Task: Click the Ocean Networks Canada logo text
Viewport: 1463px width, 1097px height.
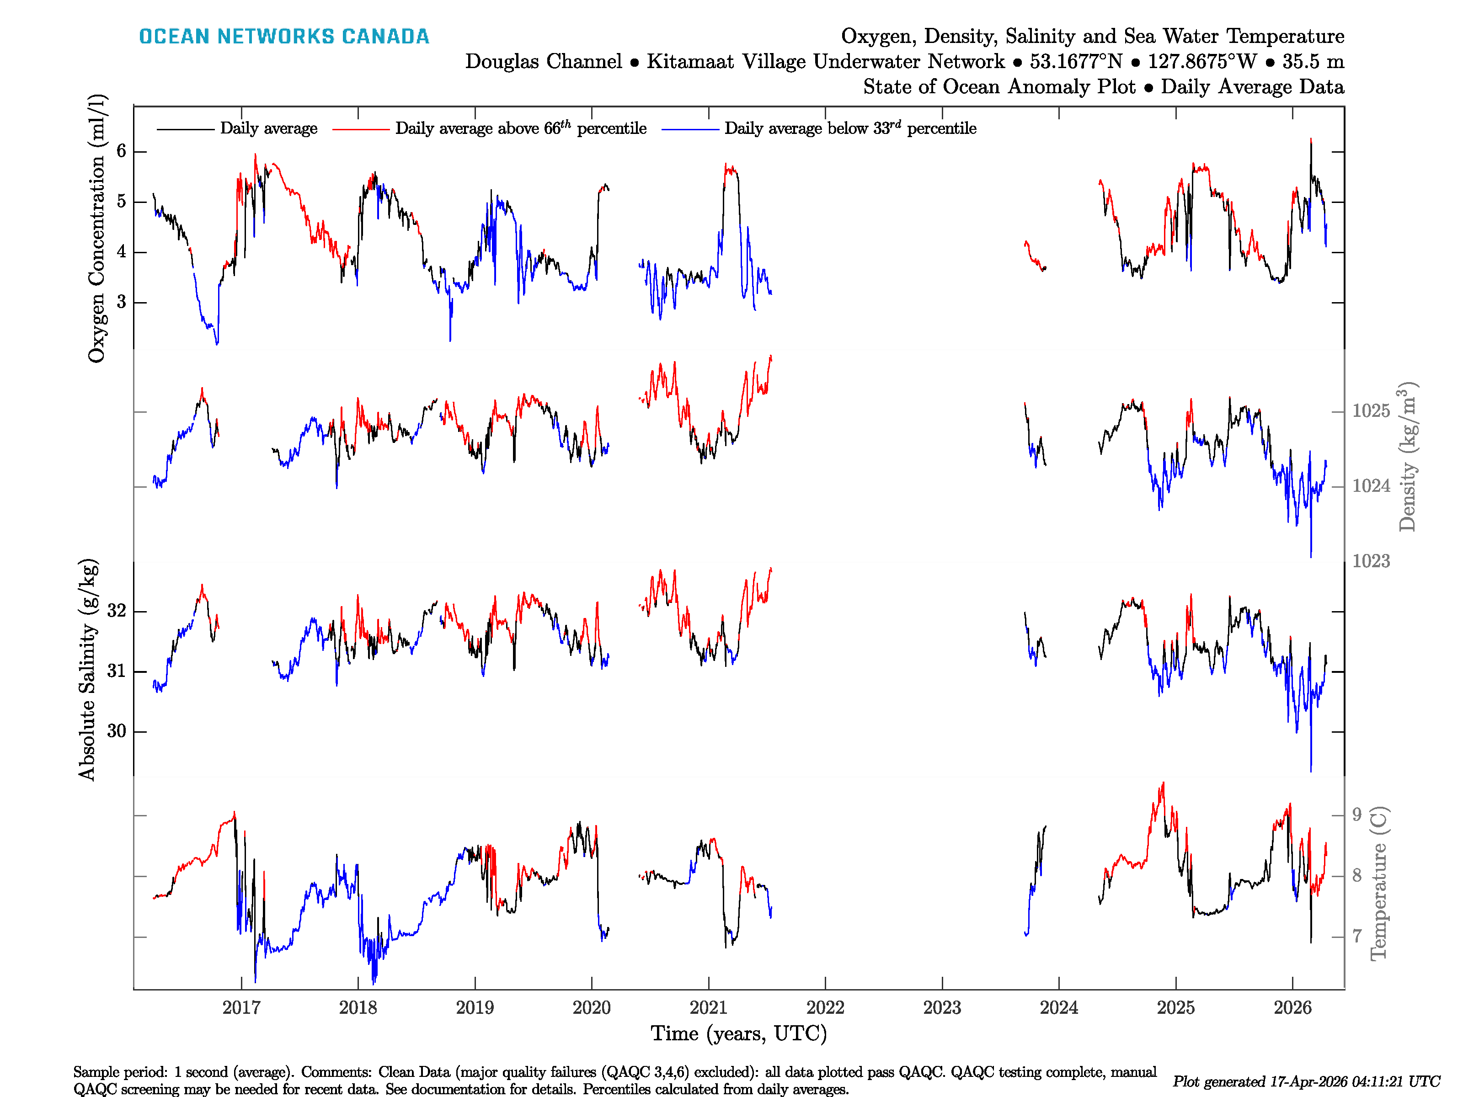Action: [x=284, y=37]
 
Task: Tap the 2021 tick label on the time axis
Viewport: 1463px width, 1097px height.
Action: [x=708, y=1008]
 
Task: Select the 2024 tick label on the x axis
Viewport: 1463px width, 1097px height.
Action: [x=1058, y=1008]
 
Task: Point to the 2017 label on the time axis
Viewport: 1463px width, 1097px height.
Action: [x=241, y=1008]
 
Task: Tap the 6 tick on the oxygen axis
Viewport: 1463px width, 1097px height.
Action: [x=121, y=151]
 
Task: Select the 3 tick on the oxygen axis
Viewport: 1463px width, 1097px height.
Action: [x=121, y=302]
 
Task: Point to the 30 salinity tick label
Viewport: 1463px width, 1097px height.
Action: [x=117, y=731]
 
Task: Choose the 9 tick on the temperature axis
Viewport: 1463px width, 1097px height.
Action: [x=1356, y=815]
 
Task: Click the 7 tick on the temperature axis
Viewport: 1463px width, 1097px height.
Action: [x=1356, y=936]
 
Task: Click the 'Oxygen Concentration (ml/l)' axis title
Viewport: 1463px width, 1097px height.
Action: [x=96, y=228]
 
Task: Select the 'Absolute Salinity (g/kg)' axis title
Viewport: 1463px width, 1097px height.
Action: [x=87, y=669]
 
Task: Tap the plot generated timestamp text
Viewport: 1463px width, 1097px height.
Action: [x=1306, y=1082]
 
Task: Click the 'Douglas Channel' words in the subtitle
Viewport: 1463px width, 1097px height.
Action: [x=543, y=62]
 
